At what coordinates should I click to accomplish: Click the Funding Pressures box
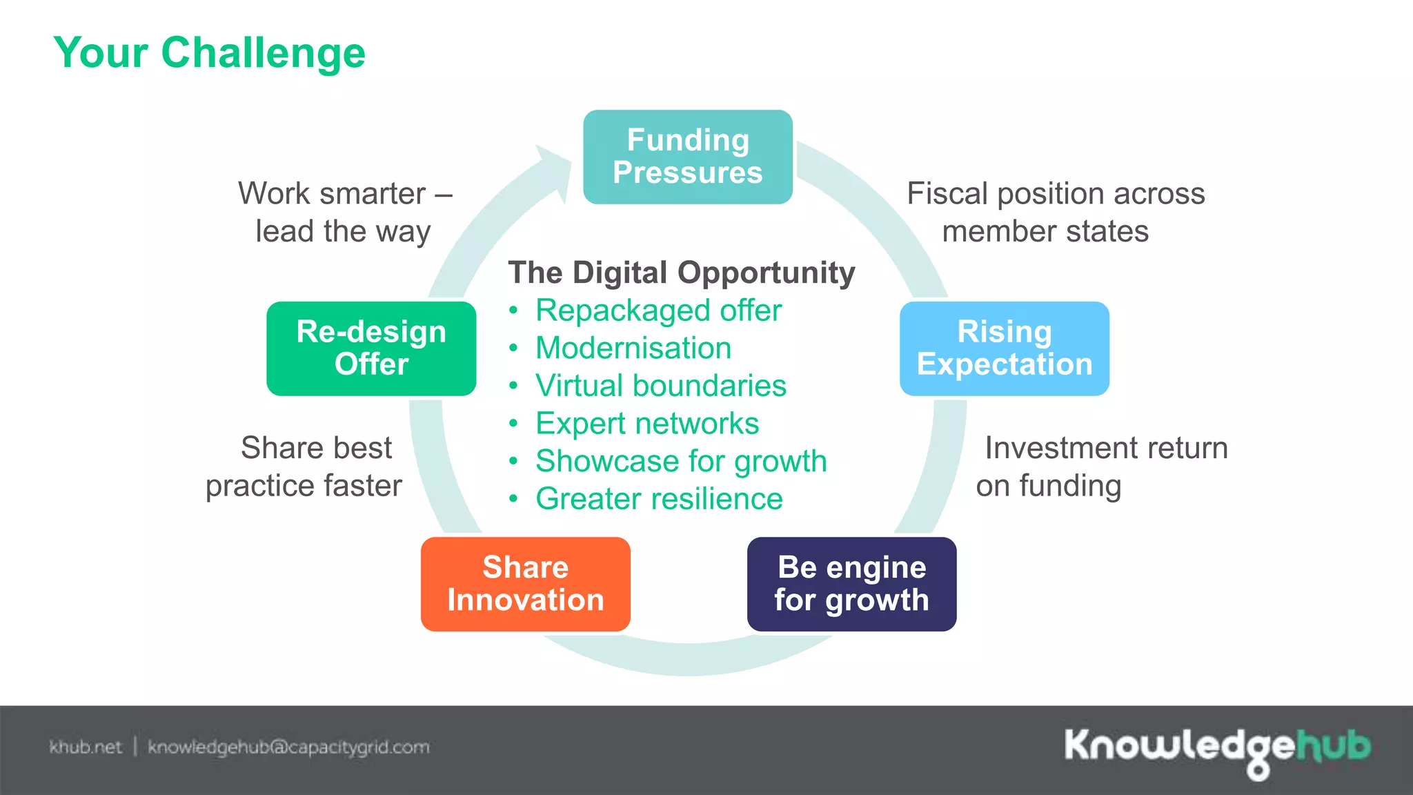(x=687, y=157)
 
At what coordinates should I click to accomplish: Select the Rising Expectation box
(x=1004, y=348)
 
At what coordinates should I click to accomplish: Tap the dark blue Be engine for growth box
(x=851, y=584)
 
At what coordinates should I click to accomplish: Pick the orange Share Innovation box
(x=525, y=584)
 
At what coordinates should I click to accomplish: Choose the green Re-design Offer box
(x=371, y=348)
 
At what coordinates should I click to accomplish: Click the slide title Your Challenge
(x=209, y=52)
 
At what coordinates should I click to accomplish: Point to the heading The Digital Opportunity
(x=681, y=273)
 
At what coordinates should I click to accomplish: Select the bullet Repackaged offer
(x=658, y=311)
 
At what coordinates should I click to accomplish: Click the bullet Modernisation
(x=633, y=348)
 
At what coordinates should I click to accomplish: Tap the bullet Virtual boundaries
(x=660, y=386)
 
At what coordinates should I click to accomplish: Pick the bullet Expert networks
(x=646, y=424)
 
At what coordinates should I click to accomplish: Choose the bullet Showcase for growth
(x=680, y=461)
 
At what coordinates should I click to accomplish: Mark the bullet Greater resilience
(x=659, y=499)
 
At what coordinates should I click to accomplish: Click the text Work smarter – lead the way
(x=344, y=212)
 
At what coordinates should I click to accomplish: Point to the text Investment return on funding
(x=1102, y=467)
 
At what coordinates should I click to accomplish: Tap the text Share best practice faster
(x=305, y=467)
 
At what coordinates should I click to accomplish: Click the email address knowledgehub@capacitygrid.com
(x=288, y=747)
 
